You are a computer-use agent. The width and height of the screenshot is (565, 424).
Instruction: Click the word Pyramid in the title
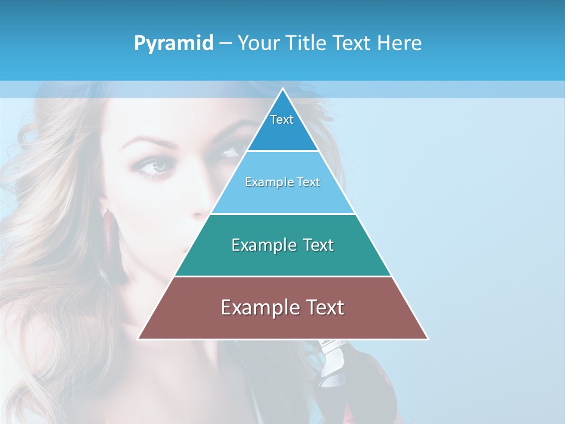tap(174, 44)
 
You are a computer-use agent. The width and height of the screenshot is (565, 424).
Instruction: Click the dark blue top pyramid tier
tap(282, 132)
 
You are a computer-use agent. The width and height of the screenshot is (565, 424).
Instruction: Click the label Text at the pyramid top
tap(282, 120)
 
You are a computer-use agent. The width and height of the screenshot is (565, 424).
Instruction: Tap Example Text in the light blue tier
tap(282, 182)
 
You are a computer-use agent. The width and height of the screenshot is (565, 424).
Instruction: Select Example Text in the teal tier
tap(282, 245)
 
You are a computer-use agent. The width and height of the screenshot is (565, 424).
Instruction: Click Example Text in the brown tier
tap(282, 307)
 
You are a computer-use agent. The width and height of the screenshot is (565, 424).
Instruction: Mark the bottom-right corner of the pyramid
tap(427, 339)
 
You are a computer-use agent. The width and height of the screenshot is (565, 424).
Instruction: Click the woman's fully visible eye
tap(155, 167)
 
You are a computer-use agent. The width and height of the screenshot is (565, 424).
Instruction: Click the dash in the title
tap(225, 44)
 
